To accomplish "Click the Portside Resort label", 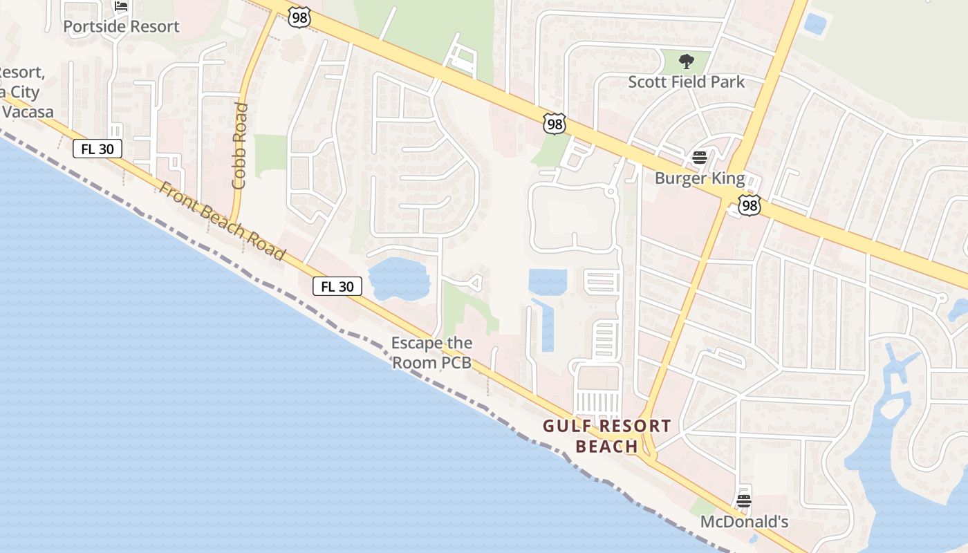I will click(x=121, y=26).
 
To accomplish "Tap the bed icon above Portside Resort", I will click(x=122, y=6).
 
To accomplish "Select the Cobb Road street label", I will click(x=240, y=146).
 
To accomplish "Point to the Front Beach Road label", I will click(x=222, y=221).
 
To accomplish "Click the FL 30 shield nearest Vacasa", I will click(x=97, y=148).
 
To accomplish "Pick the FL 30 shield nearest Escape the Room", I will click(x=337, y=286).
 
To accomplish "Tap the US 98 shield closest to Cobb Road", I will click(x=299, y=18).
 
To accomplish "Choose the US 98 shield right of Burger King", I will click(x=750, y=205).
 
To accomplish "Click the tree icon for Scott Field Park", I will click(x=686, y=62).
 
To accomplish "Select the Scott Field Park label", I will click(x=686, y=82).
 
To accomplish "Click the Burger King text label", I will click(x=700, y=178).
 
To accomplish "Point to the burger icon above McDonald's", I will click(x=744, y=500).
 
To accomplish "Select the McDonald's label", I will click(x=744, y=521).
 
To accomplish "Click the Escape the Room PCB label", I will click(x=432, y=352).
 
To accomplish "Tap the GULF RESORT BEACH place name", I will click(x=606, y=435).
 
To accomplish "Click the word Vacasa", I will click(x=28, y=111).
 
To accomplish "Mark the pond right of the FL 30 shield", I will click(x=399, y=279).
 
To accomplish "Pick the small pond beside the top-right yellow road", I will click(x=815, y=25).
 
